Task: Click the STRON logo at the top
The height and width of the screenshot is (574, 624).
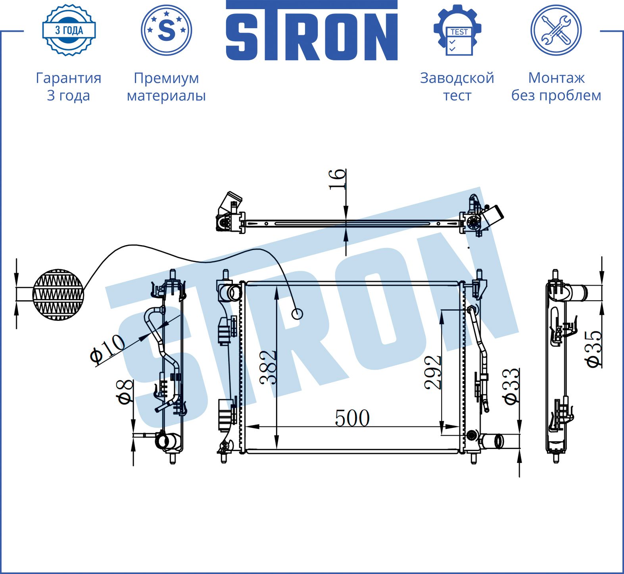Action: click(x=312, y=31)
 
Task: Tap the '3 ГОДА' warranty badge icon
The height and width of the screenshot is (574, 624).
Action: click(x=69, y=30)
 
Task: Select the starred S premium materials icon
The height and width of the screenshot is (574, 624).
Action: click(x=166, y=30)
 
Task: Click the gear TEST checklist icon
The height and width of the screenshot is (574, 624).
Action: click(x=457, y=30)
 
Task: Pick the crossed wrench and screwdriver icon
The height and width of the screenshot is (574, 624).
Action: click(x=556, y=30)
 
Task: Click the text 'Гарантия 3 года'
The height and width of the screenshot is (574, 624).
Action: click(x=69, y=86)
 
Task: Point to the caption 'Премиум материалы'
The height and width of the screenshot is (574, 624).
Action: click(x=166, y=86)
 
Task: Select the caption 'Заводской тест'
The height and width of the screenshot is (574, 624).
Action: click(x=457, y=86)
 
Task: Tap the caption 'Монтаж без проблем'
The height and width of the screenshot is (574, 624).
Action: click(x=556, y=86)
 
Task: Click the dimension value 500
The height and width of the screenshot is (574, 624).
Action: click(x=352, y=418)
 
